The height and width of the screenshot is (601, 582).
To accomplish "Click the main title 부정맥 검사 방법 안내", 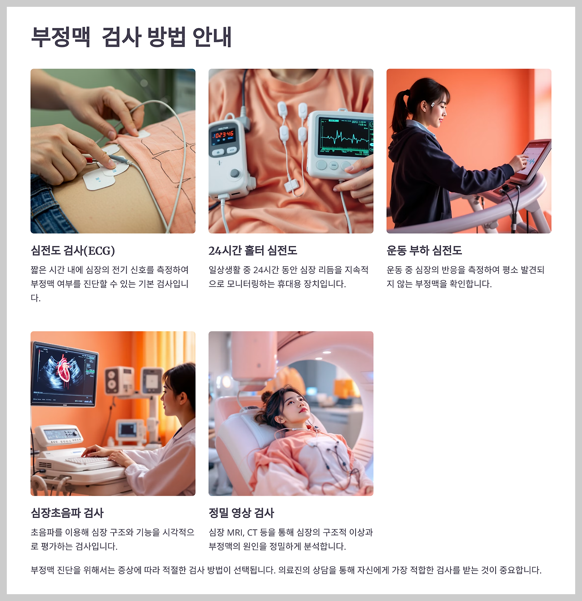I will pyautogui.click(x=131, y=37).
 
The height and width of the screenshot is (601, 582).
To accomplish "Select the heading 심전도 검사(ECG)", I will pyautogui.click(x=73, y=250).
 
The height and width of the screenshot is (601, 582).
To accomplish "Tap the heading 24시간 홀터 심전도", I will pyautogui.click(x=253, y=250).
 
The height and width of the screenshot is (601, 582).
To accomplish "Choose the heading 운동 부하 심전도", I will pyautogui.click(x=424, y=250).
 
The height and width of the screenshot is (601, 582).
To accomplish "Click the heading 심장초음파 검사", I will pyautogui.click(x=67, y=513).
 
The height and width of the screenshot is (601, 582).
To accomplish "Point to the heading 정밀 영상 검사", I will pyautogui.click(x=241, y=513).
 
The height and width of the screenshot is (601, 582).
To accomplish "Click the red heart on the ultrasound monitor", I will pyautogui.click(x=64, y=369).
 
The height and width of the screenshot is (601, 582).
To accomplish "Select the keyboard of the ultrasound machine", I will pyautogui.click(x=91, y=462).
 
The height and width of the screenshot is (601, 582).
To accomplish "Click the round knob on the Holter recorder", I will pyautogui.click(x=235, y=173).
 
